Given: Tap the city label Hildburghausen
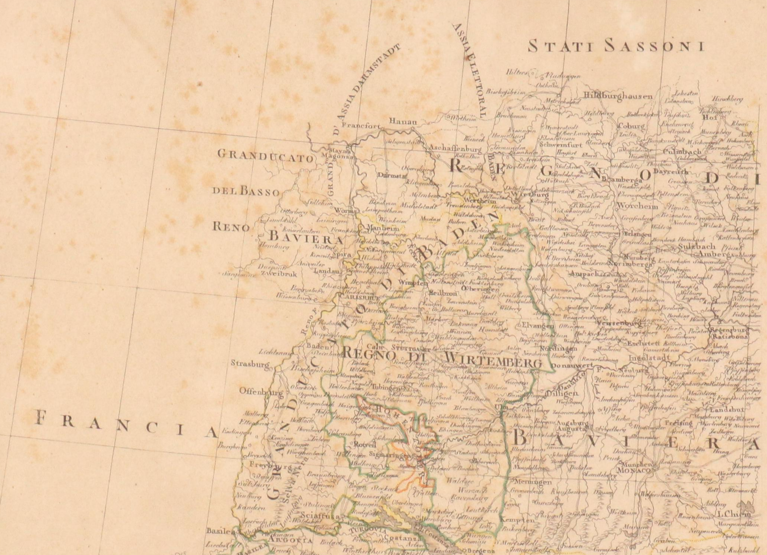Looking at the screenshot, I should click(x=618, y=96).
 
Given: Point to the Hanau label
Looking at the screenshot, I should click(x=403, y=122).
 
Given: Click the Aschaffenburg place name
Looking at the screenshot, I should click(x=455, y=148).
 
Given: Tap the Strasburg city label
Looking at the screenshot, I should click(x=250, y=364).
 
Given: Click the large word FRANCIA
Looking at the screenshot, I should click(x=126, y=424).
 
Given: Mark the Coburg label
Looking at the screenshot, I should click(x=631, y=126).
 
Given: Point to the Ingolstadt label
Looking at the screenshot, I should click(x=649, y=358).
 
